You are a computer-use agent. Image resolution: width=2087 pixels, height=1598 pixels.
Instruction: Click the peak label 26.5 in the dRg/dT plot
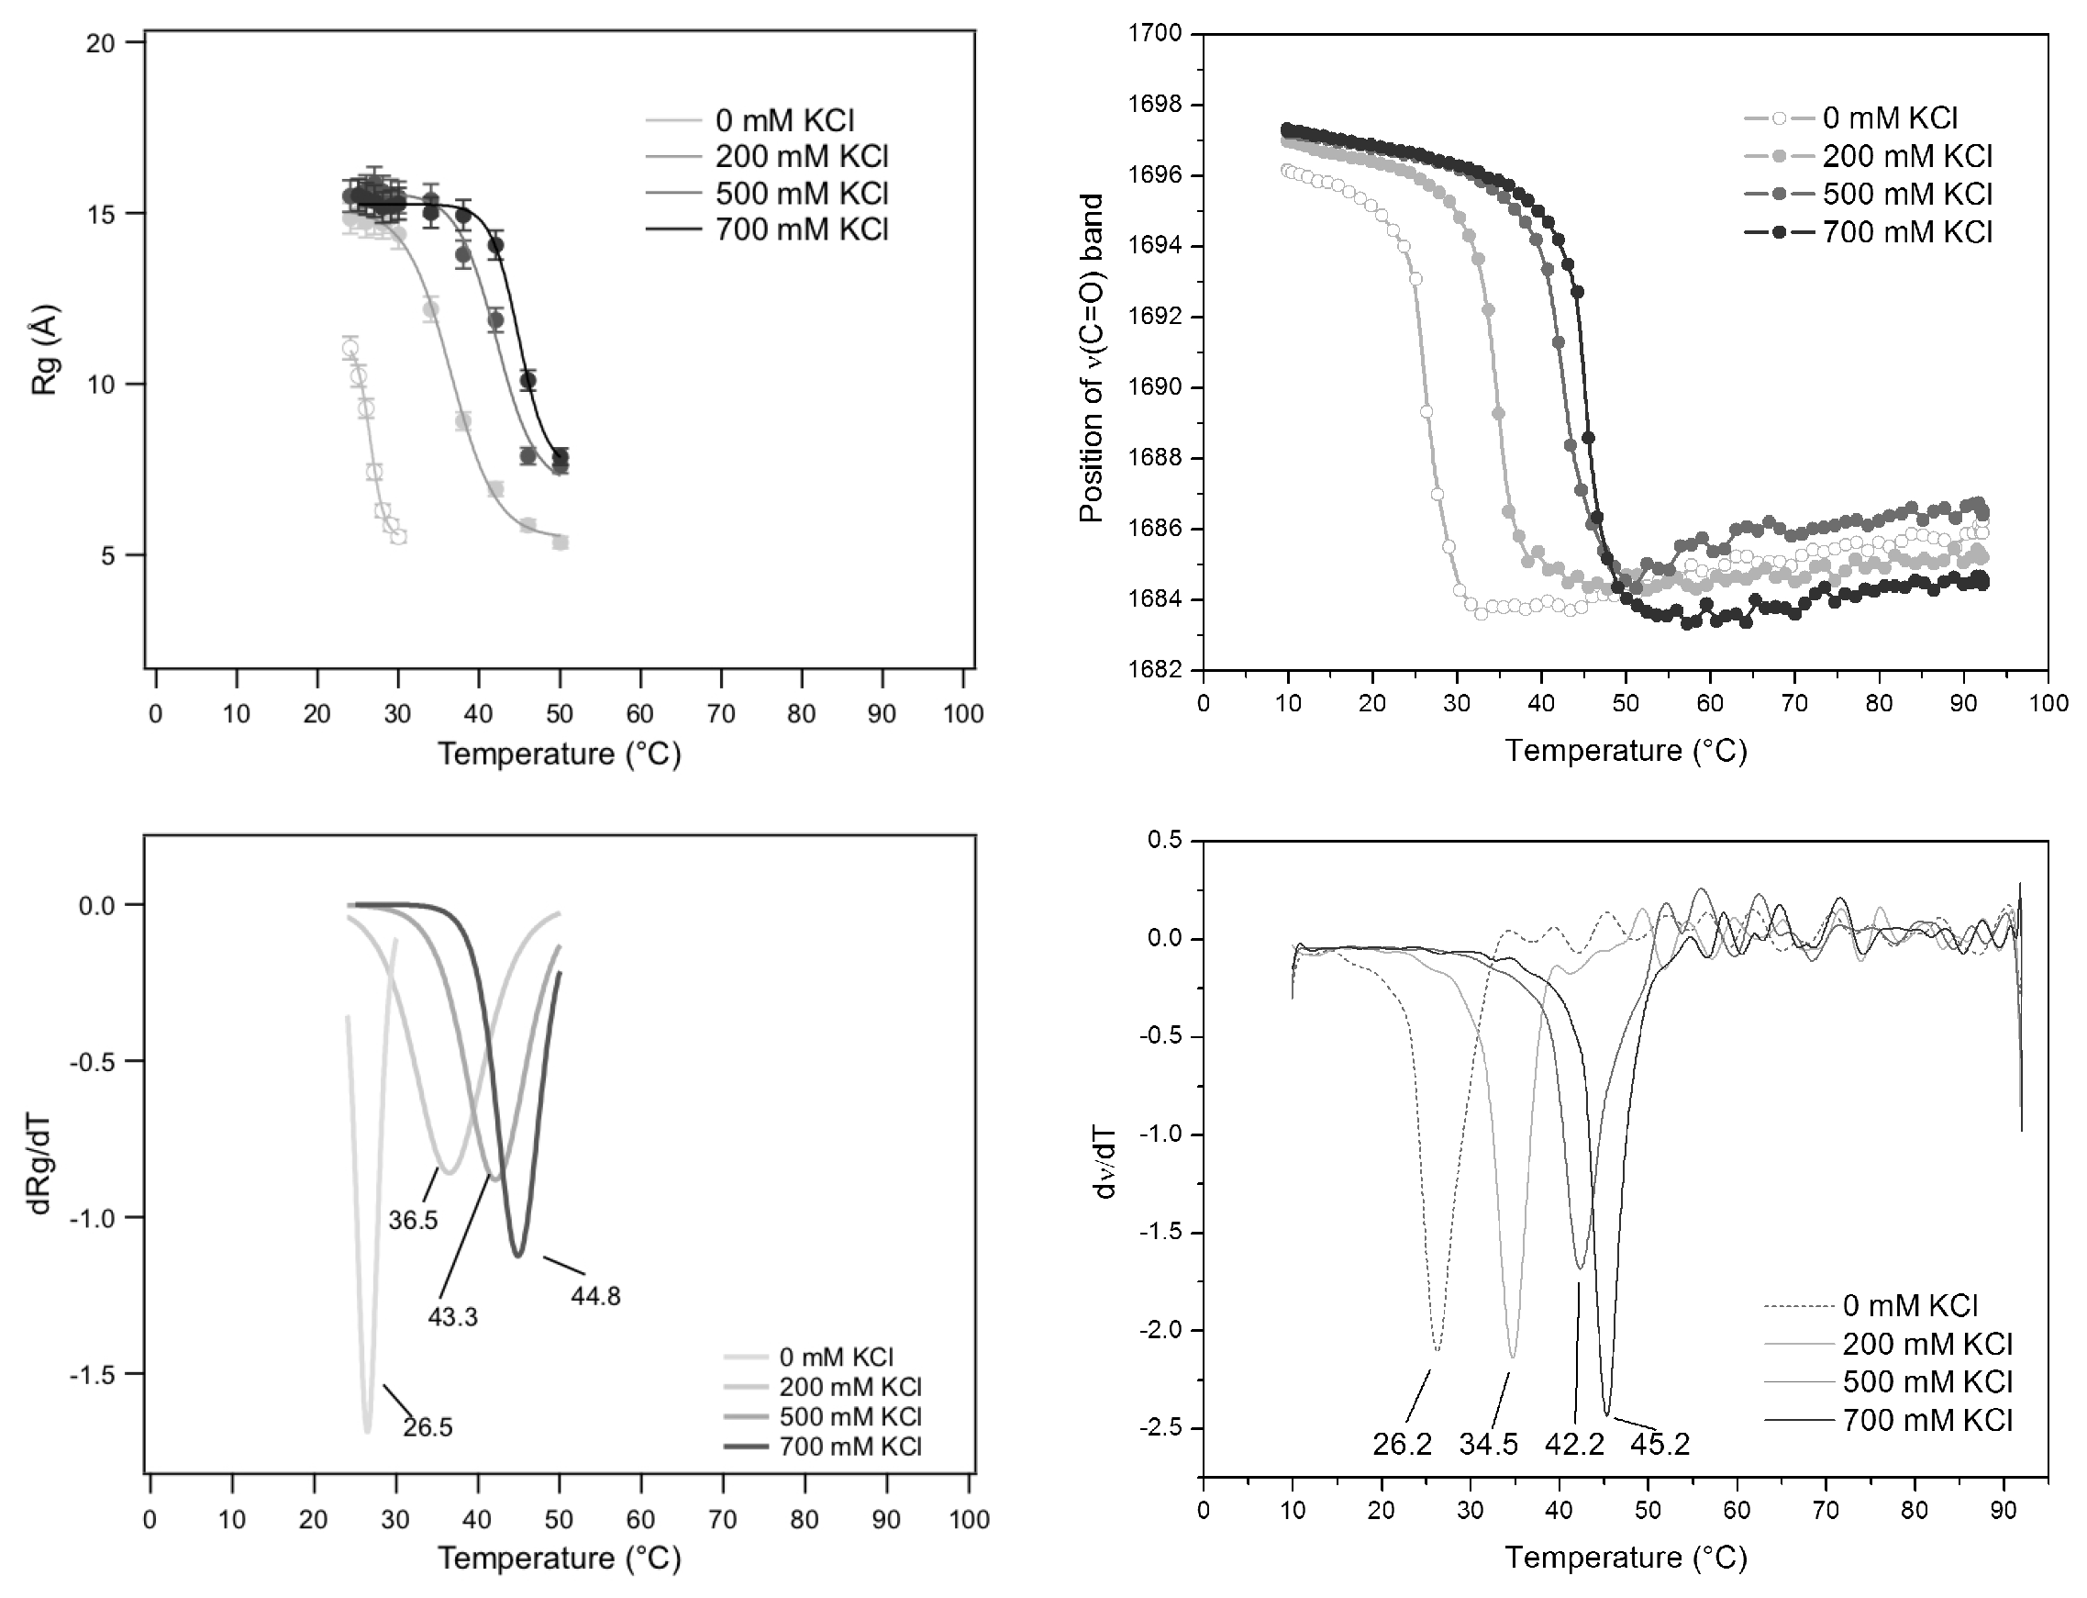tap(427, 1428)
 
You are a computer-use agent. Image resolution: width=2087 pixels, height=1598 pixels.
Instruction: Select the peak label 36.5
tap(413, 1221)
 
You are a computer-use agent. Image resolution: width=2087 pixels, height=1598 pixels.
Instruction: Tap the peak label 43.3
tap(452, 1317)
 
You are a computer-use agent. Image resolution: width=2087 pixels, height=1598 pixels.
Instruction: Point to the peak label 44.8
tap(595, 1296)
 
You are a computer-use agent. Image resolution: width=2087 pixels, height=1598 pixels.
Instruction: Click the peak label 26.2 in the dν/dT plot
tap(1402, 1445)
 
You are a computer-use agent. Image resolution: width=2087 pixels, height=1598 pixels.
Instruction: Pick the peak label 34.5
tap(1488, 1445)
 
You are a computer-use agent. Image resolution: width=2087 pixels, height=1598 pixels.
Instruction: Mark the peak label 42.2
tap(1574, 1445)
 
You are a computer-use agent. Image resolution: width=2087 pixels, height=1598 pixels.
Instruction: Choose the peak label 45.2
tap(1660, 1445)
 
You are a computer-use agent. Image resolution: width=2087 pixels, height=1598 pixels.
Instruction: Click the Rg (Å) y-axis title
tap(46, 350)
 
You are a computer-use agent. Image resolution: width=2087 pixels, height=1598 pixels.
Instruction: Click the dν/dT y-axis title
tap(1105, 1172)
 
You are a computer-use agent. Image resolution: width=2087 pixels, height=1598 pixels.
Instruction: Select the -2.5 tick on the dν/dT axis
tap(1160, 1428)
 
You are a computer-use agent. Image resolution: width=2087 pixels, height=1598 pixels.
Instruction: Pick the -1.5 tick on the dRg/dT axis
tap(99, 1373)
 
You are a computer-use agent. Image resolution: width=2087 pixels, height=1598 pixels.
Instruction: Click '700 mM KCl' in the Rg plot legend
tap(802, 230)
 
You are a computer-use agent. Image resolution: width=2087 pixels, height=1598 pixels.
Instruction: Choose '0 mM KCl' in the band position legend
tap(1890, 119)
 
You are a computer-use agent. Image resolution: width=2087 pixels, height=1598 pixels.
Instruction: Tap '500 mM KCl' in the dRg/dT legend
tap(850, 1416)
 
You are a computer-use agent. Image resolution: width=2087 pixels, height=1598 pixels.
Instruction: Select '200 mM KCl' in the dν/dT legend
tap(1927, 1344)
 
